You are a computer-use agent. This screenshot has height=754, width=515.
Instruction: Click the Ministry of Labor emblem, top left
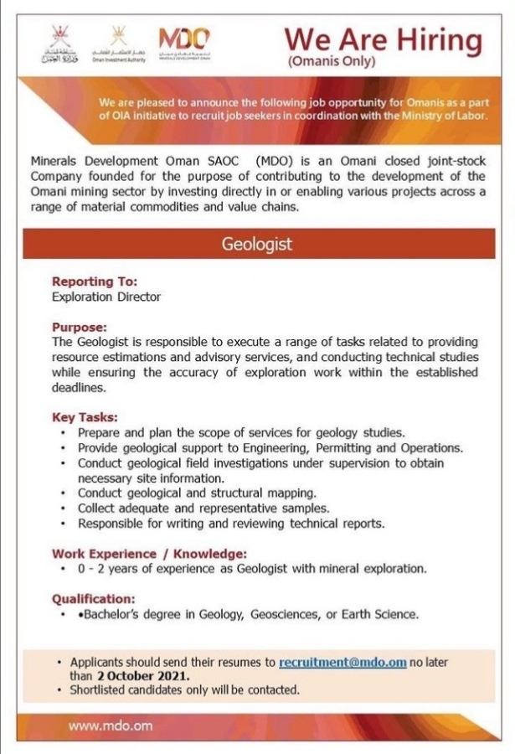pos(59,45)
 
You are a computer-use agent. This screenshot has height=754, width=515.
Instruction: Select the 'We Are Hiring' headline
pos(383,39)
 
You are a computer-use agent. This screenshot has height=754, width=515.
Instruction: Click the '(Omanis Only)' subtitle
pos(331,61)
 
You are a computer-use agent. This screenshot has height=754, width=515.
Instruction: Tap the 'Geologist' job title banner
pos(257,245)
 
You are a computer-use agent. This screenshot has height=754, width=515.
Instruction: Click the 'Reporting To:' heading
pos(95,281)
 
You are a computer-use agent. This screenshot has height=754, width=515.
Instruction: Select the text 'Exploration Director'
pos(106,297)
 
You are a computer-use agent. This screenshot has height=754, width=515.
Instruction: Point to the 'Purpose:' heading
pos(80,328)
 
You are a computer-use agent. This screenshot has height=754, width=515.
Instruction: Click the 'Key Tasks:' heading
pos(85,417)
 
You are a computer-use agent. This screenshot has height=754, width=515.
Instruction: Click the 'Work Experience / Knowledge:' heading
pos(150,554)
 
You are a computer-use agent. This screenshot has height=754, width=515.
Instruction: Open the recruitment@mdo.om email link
pos(342,662)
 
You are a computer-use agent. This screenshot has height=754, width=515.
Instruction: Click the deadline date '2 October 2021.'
pos(142,676)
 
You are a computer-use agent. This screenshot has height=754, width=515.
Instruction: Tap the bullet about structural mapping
pos(197,493)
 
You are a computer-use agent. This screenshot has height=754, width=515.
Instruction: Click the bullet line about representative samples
pos(203,508)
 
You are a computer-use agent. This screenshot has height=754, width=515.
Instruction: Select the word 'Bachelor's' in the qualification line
pos(107,614)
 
